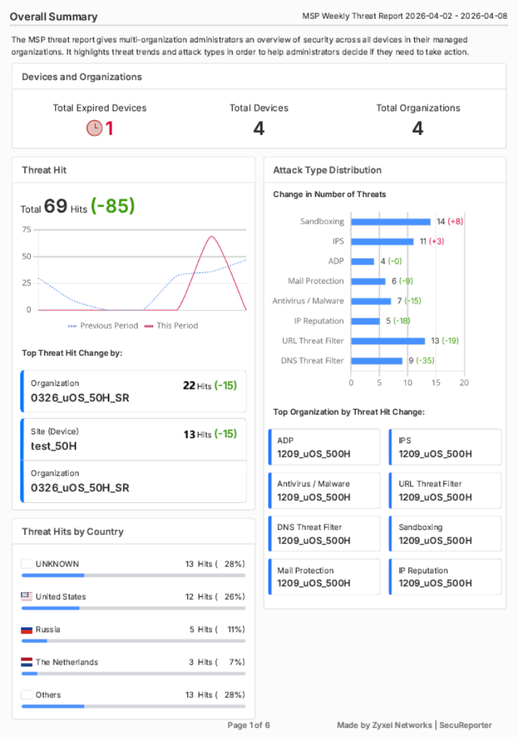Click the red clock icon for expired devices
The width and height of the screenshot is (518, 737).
94,128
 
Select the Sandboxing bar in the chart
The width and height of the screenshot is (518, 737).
391,222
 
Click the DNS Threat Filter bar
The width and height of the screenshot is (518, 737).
377,361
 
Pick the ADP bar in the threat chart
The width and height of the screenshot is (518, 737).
363,261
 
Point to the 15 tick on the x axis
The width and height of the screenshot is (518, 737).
436,382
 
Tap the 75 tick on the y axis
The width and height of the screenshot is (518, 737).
27,229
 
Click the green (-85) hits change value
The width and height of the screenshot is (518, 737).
112,206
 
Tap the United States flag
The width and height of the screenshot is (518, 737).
27,596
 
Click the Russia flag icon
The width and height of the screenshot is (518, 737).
27,629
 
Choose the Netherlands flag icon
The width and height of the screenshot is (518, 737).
27,662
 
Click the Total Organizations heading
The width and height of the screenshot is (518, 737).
418,108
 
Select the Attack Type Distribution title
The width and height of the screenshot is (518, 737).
327,170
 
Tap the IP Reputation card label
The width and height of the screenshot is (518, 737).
423,571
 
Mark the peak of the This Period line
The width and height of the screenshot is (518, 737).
212,236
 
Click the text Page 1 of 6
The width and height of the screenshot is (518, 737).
249,725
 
